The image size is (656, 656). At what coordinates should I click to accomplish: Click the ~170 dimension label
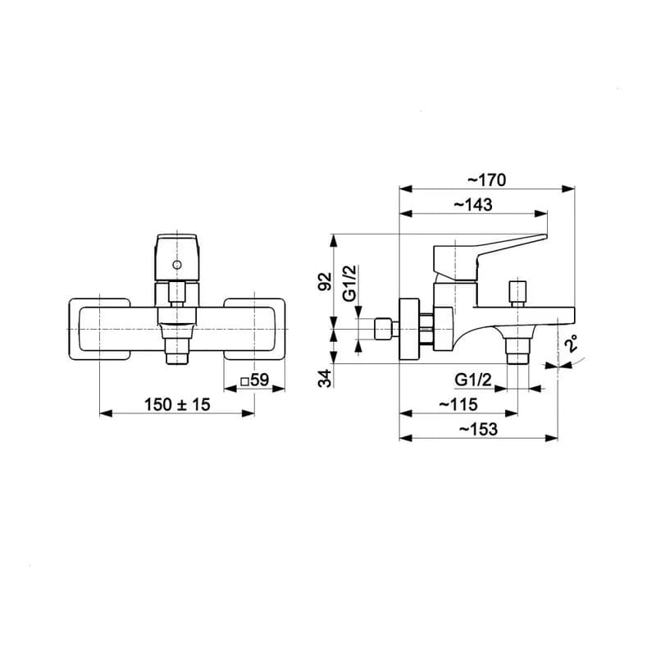coord(486,180)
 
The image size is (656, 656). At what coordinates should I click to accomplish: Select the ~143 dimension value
coord(473,204)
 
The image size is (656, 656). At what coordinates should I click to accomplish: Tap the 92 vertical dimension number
coord(325,280)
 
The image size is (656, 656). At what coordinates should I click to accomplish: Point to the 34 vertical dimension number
coord(325,379)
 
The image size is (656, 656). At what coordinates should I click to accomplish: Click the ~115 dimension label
coord(458,404)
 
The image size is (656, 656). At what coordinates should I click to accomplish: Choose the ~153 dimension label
coord(478,429)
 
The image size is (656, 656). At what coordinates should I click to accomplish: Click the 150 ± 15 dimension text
coord(177,404)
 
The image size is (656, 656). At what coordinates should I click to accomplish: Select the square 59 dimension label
coord(255,380)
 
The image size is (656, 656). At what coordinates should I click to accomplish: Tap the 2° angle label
coord(571,343)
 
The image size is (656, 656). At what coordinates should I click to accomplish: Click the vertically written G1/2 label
coord(350,283)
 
